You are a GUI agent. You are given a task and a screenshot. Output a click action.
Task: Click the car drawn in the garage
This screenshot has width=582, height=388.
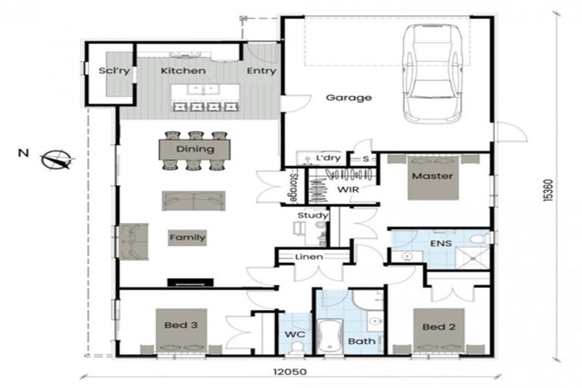[431, 74]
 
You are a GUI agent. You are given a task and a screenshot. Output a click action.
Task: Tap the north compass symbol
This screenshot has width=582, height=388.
[57, 160]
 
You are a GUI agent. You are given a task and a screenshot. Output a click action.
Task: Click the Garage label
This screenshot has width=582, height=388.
[349, 98]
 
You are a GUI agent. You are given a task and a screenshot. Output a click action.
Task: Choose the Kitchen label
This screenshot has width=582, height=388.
[183, 70]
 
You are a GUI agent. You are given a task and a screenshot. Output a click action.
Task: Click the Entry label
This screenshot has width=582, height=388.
[261, 71]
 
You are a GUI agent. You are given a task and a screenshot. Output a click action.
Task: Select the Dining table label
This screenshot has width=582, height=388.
[195, 149]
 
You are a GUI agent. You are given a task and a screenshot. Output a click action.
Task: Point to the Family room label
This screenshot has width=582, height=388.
[187, 237]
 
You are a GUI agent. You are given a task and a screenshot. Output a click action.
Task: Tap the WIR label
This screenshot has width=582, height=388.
[347, 188]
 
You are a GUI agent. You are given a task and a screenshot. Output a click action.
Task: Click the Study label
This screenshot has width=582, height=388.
[313, 215]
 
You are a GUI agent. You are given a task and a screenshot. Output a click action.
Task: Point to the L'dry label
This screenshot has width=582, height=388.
[327, 158]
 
